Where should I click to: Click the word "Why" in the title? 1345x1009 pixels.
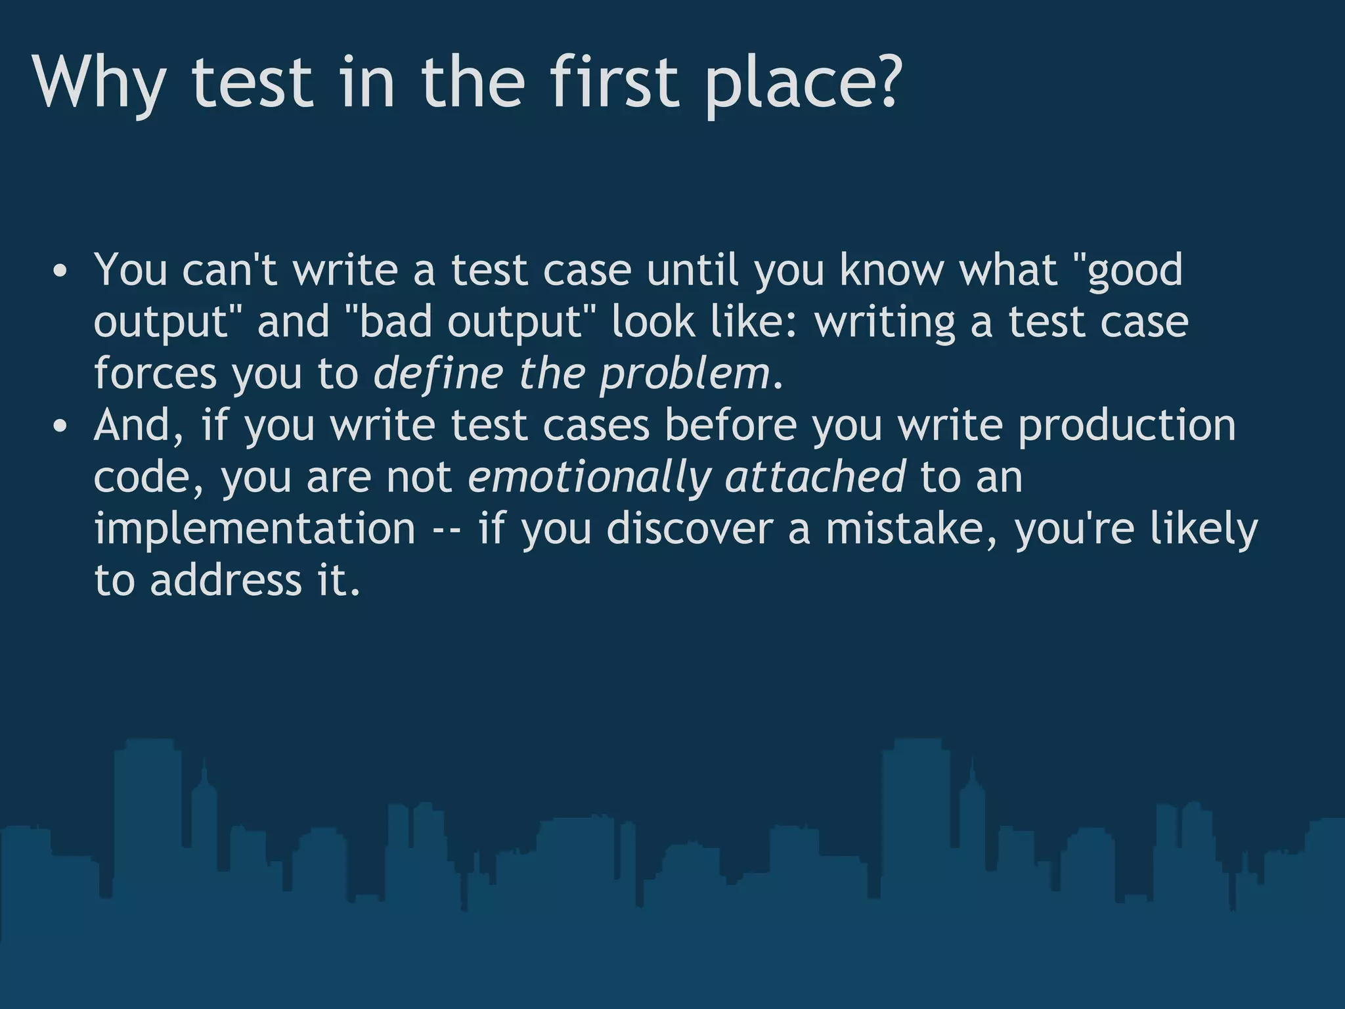(x=99, y=84)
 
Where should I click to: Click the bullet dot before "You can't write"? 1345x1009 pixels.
(x=60, y=271)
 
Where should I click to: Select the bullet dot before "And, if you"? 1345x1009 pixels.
(x=60, y=427)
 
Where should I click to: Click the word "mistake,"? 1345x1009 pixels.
(x=913, y=529)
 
